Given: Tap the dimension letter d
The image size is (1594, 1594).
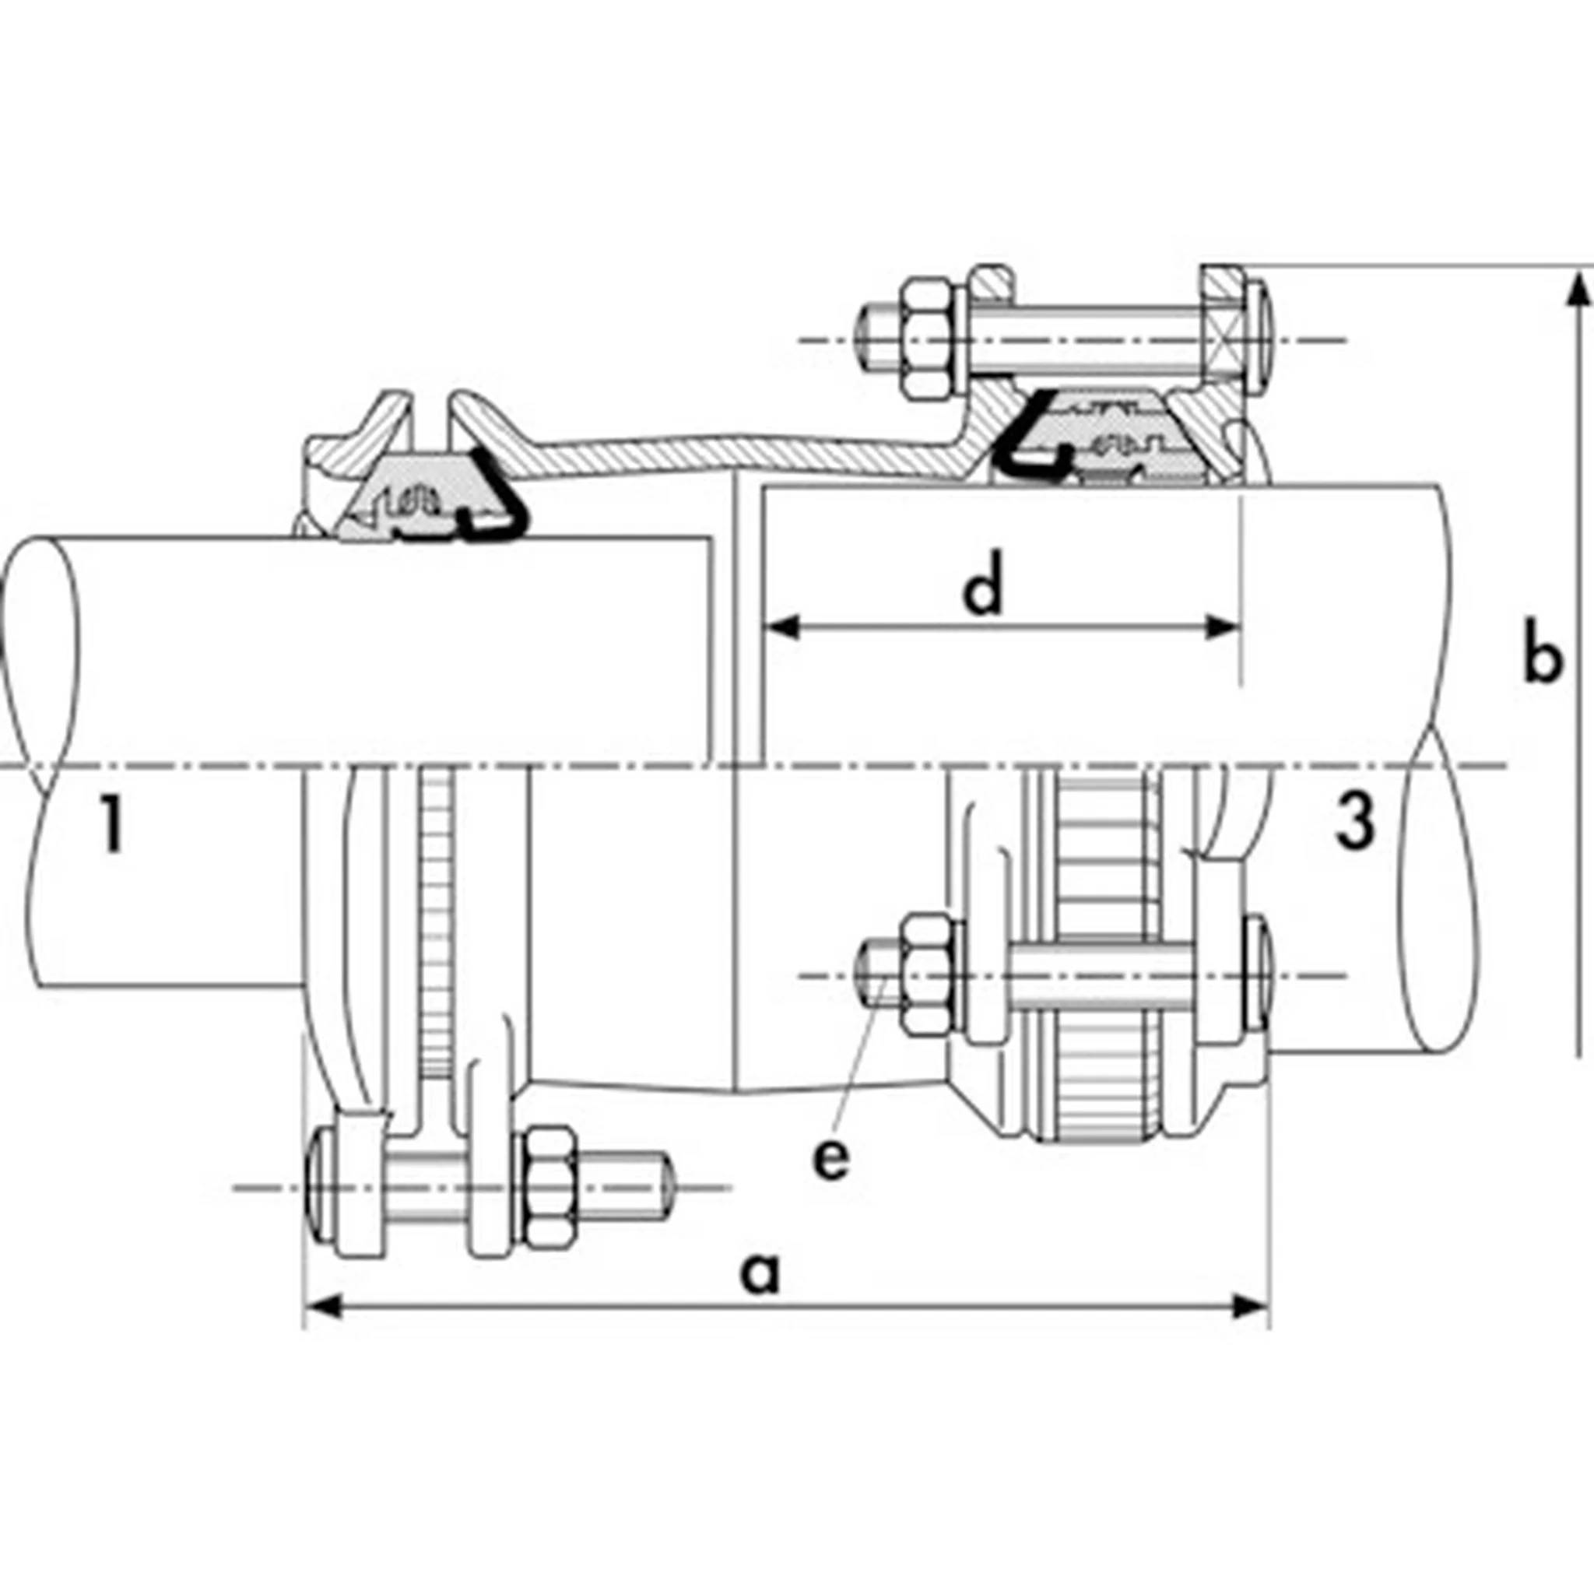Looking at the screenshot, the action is click(984, 582).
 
